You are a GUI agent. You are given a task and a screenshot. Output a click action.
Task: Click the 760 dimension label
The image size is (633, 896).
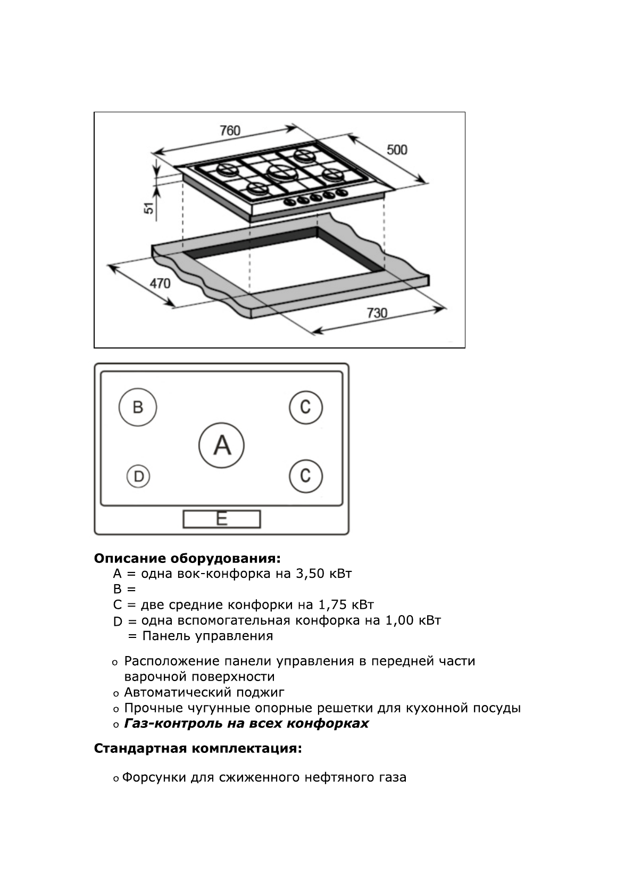point(230,130)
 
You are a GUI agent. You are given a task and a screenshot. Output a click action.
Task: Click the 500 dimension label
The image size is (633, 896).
point(397,150)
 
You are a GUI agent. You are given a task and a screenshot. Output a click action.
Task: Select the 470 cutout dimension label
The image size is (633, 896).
point(160,283)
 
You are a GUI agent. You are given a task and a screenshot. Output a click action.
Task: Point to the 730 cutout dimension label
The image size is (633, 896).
point(377,313)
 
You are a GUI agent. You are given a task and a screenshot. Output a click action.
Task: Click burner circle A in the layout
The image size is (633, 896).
point(221,445)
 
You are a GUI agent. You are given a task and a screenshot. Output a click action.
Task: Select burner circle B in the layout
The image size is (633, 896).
point(138,408)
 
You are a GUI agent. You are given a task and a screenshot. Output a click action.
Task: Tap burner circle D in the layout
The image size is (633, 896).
point(138,476)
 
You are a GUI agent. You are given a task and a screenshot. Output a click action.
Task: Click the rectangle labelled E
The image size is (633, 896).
point(222,519)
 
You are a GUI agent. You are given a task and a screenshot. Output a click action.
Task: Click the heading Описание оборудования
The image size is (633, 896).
point(187,559)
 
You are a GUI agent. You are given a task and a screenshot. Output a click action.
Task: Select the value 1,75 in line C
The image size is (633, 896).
point(332,605)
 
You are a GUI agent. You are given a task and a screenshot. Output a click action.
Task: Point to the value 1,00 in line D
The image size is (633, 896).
point(399,620)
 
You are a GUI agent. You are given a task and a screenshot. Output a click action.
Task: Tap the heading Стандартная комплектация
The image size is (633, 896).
point(198,749)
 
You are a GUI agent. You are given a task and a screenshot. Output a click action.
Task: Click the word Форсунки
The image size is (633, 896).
point(154,777)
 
